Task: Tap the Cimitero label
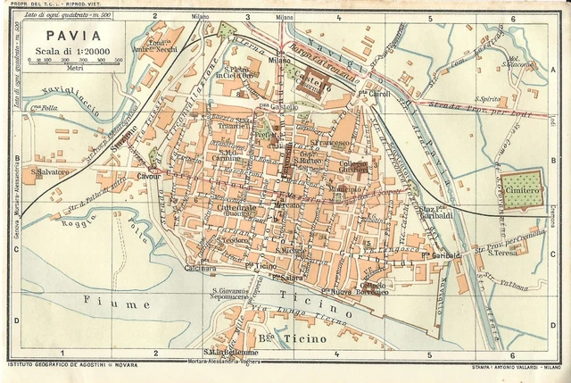(x=521, y=191)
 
